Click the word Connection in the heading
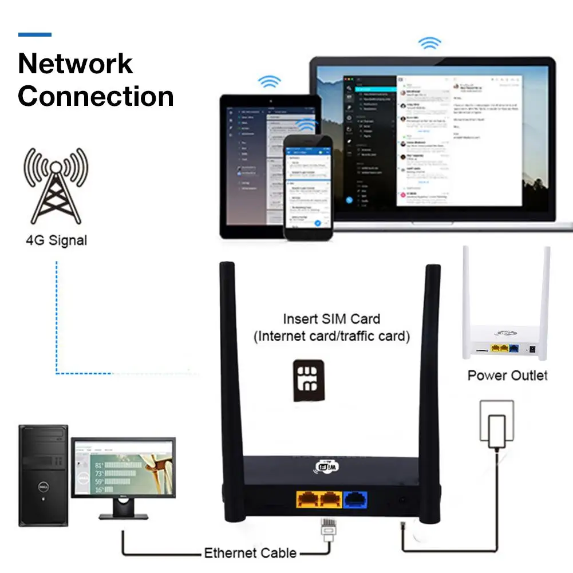(x=96, y=96)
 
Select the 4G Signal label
(x=56, y=240)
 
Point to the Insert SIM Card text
(x=331, y=319)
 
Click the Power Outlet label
(x=507, y=376)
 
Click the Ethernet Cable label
(x=250, y=553)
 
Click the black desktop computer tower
(x=44, y=475)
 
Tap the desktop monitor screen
(x=123, y=467)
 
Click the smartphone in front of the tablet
(x=307, y=189)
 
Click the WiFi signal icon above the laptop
(x=429, y=43)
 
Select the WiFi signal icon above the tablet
(x=268, y=81)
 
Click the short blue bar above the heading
(x=35, y=35)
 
